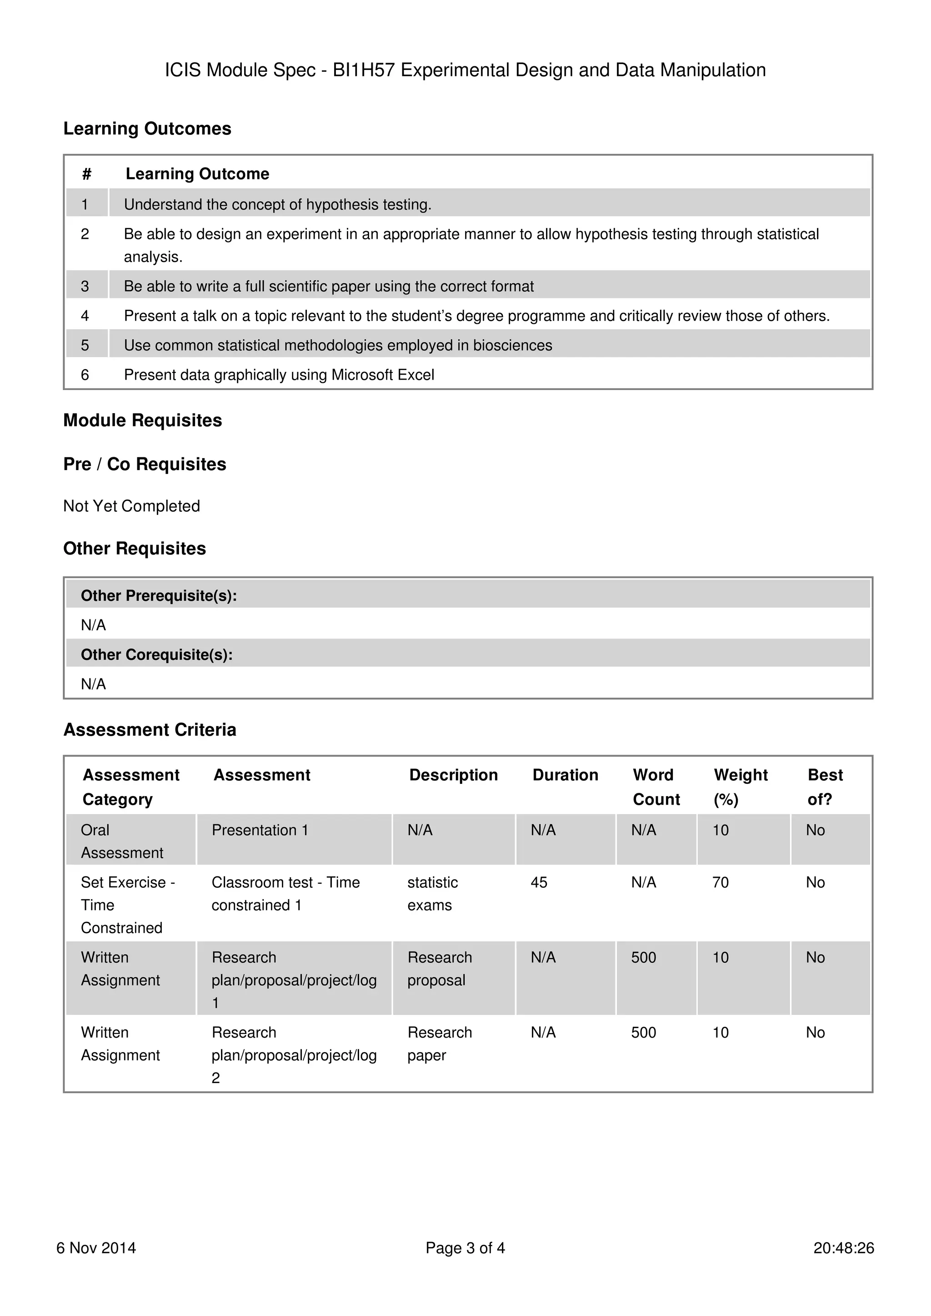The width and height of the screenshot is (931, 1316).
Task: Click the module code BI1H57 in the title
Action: coord(364,70)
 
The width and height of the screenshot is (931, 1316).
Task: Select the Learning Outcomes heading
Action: coord(147,129)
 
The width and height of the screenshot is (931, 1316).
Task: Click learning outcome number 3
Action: coord(85,286)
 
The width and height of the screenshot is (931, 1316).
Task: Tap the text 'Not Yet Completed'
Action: coord(131,506)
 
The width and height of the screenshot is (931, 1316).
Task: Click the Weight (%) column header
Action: coord(740,787)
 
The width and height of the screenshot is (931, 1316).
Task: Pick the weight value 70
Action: coord(720,882)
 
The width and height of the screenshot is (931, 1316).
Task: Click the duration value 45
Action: coord(539,882)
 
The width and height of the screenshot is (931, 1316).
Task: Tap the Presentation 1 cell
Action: coord(260,830)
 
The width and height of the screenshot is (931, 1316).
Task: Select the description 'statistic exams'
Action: coord(432,894)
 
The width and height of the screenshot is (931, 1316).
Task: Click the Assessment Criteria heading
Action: coord(150,730)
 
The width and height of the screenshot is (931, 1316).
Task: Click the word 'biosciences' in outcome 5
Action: coord(512,345)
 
